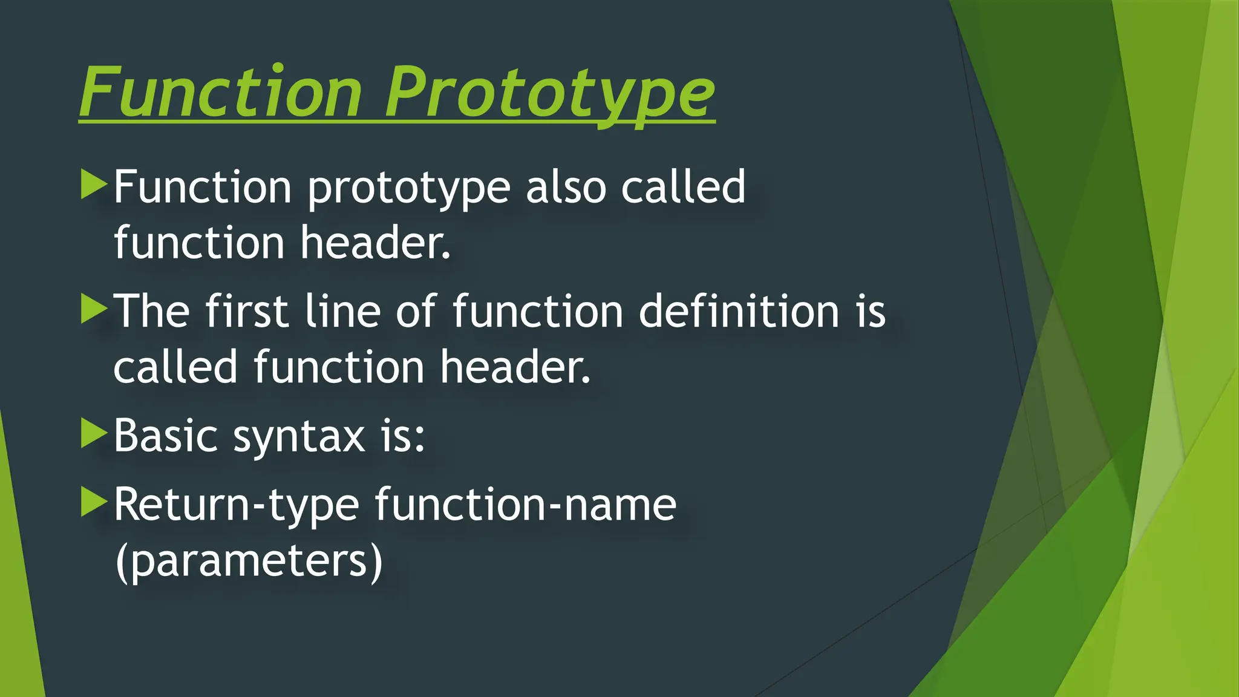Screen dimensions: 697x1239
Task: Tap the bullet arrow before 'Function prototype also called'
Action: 93,185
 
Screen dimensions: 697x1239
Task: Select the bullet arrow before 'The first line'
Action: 93,309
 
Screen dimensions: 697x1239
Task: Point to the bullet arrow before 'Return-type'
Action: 93,502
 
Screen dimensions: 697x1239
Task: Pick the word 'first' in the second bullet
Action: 246,311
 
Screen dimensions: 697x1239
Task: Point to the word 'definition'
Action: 739,311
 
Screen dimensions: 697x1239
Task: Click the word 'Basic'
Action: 165,436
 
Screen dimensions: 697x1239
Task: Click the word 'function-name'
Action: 525,505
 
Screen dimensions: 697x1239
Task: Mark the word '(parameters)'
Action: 249,561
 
